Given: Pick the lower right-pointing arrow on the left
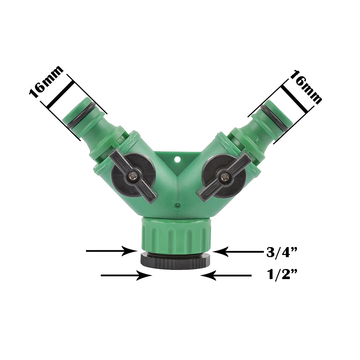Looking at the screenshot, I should (x=126, y=276).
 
